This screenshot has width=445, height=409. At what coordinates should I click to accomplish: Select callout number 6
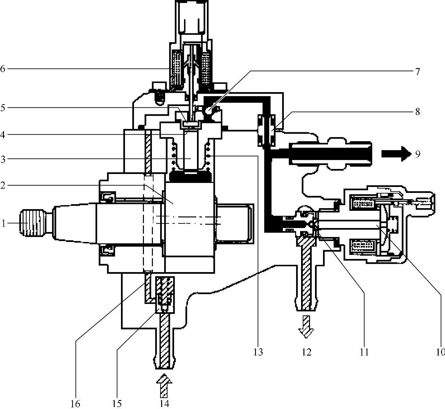(2, 69)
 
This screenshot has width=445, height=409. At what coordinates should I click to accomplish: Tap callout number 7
(417, 72)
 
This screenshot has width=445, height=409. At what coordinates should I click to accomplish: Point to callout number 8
(417, 112)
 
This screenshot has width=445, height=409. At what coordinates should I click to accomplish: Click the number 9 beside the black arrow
(417, 154)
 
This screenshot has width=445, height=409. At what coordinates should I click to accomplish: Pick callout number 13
(258, 352)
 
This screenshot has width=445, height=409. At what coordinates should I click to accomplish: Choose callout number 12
(307, 352)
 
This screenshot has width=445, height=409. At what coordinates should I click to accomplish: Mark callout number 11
(364, 352)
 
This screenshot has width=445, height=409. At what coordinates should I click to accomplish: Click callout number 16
(75, 404)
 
